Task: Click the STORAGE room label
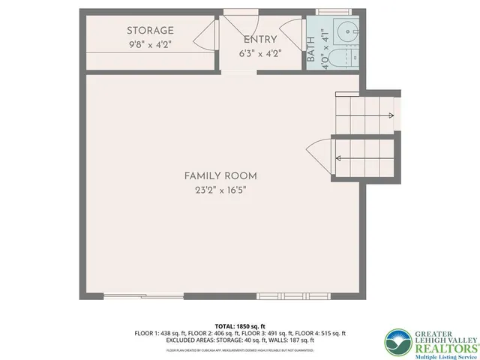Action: (150, 31)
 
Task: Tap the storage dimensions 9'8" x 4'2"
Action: (150, 44)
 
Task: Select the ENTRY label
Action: (260, 40)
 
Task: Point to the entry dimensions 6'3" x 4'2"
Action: (260, 53)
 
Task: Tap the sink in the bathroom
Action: (346, 32)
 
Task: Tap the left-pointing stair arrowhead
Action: (340, 158)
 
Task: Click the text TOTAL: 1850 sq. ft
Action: (240, 325)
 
